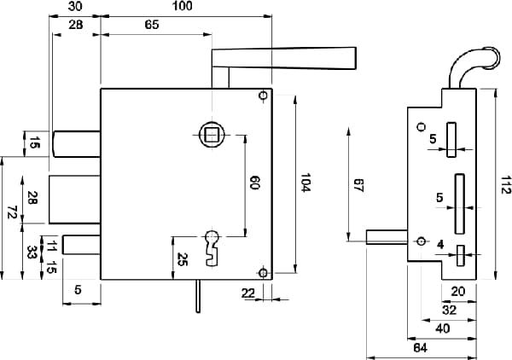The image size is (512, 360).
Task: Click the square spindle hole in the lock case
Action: coord(211,133)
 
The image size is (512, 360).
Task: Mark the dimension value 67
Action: coord(359,185)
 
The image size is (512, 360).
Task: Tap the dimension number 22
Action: coord(248,293)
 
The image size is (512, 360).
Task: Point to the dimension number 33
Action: coord(32,253)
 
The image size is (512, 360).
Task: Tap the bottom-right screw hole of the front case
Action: coord(262,273)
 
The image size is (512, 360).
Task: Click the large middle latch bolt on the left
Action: coord(75,197)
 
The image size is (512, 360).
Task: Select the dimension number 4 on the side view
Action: coord(440,245)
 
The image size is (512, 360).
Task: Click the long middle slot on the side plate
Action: coord(460,206)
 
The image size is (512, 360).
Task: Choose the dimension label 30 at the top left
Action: coord(76,7)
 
